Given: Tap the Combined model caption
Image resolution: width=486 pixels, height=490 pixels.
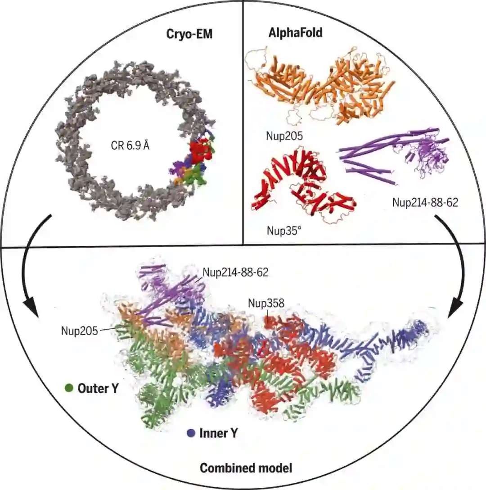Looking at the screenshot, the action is (246, 468).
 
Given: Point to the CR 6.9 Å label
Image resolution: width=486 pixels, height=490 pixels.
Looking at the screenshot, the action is (130, 147).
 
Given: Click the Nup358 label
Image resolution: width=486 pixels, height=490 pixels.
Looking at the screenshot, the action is (266, 303).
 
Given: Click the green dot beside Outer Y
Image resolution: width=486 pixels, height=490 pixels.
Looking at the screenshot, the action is (69, 388).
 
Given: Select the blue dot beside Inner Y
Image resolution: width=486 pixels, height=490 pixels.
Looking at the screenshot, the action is (191, 433).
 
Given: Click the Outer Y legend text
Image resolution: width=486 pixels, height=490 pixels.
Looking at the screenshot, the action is (98, 388).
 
